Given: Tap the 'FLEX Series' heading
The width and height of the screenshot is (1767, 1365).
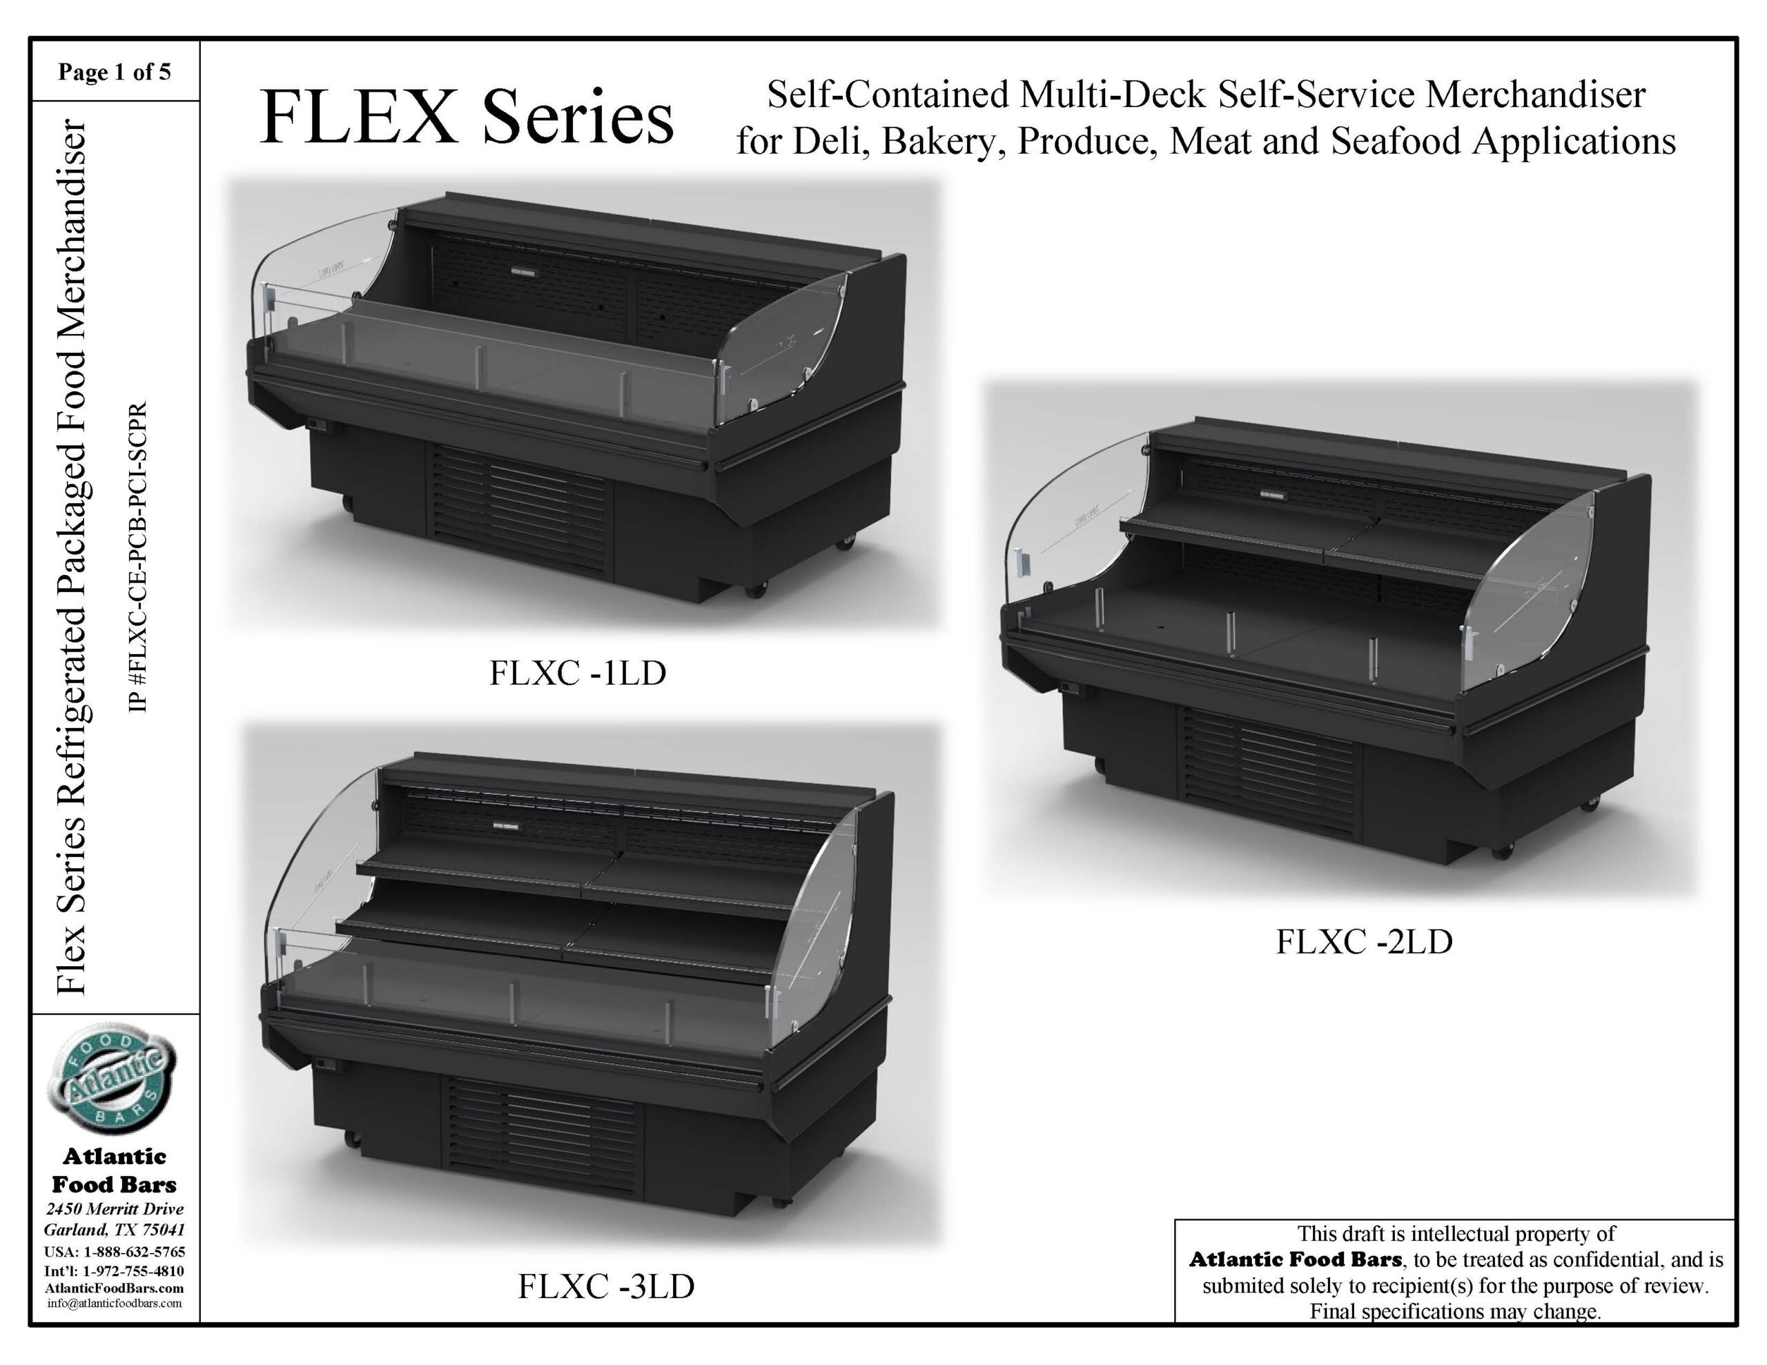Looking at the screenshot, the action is tap(466, 118).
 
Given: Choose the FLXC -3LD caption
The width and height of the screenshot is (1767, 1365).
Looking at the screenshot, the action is tap(606, 1286).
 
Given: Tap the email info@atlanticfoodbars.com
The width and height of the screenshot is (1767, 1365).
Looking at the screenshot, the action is tap(114, 1303).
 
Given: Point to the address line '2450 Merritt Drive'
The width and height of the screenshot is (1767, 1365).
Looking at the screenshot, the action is tap(115, 1209).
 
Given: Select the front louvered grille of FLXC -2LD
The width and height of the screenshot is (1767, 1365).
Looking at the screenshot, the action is tap(1269, 772).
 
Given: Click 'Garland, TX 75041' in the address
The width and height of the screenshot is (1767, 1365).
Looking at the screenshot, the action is tap(114, 1230).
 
